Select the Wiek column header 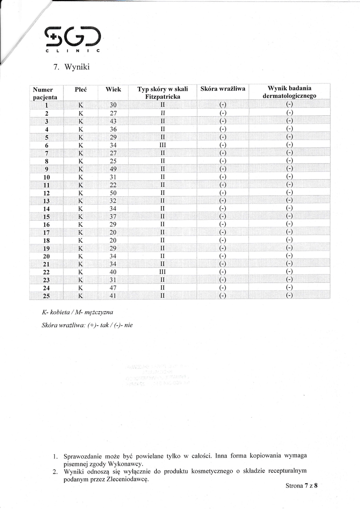113,89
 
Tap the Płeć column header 81,89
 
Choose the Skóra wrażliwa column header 223,89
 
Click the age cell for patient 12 113,192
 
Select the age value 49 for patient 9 113,169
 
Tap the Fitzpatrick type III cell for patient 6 162,145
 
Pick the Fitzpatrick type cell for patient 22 162,272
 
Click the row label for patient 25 46,296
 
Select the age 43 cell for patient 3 113,121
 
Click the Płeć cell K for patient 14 81,208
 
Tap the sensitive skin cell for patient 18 223,240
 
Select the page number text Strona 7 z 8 301,485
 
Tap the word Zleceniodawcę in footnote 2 127,479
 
